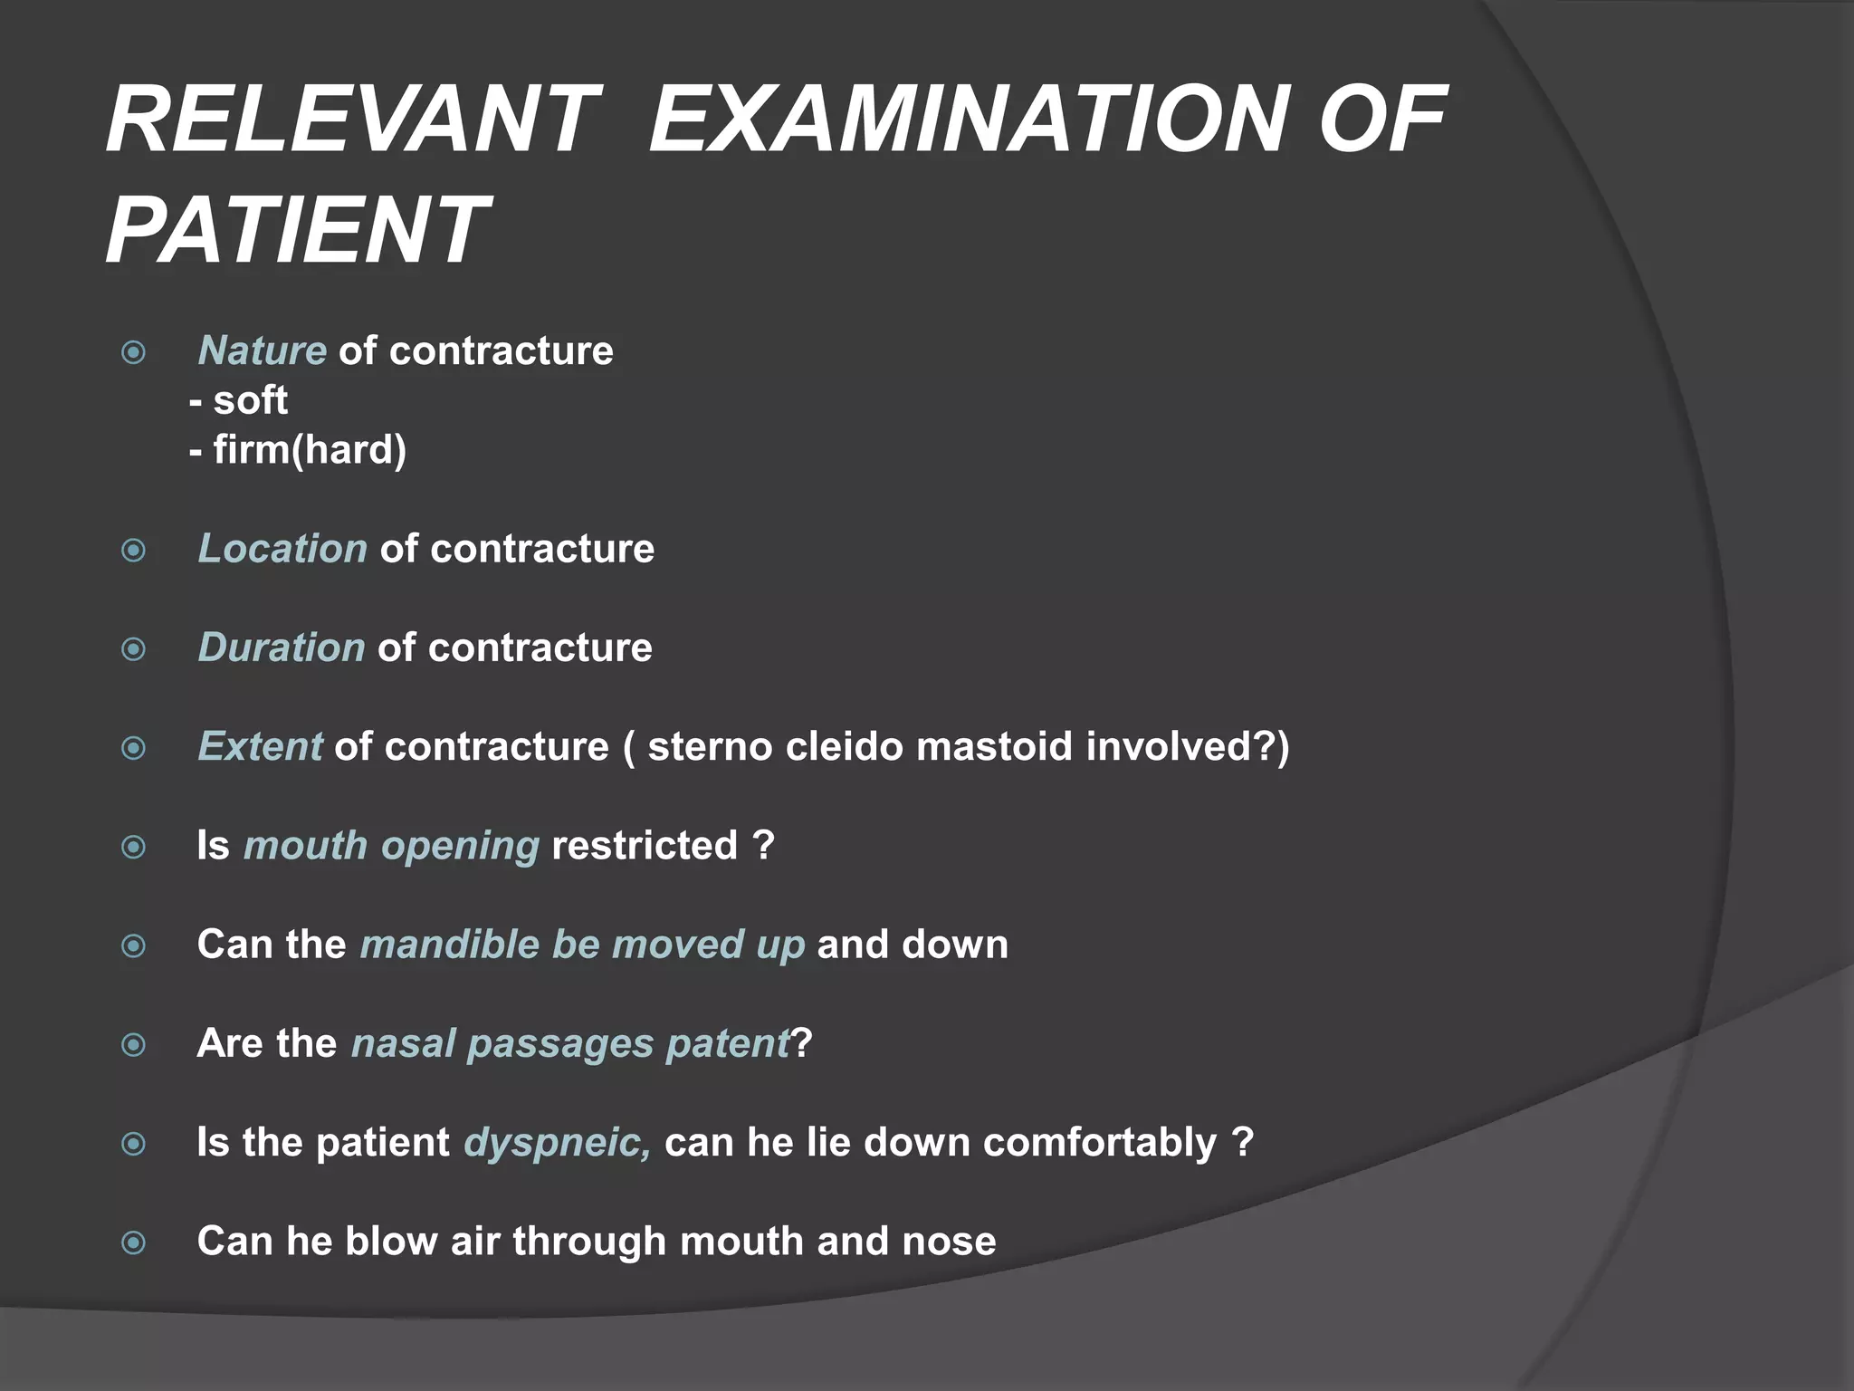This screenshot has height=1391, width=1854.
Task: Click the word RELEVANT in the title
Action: (x=353, y=120)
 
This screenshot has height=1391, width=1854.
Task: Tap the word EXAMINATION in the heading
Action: (x=967, y=120)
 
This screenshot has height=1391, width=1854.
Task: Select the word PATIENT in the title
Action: (x=297, y=230)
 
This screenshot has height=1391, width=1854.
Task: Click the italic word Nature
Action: (x=263, y=351)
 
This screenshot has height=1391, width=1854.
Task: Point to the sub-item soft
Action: (x=250, y=400)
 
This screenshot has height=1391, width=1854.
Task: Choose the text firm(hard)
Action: (x=310, y=450)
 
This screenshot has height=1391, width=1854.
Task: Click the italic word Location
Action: (x=282, y=549)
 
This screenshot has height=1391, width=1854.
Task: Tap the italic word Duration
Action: (x=282, y=648)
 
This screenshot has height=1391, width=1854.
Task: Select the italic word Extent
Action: (x=260, y=747)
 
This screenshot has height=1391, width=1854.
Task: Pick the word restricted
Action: (x=645, y=846)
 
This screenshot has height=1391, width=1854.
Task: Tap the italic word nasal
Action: (x=403, y=1043)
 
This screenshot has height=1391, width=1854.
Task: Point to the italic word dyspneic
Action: (x=557, y=1143)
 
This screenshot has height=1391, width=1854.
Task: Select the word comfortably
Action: (x=1100, y=1143)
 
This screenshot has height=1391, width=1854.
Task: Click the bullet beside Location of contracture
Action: (x=134, y=551)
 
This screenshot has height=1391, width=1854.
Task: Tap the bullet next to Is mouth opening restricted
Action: (x=134, y=848)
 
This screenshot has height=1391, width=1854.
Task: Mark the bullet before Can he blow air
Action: (x=134, y=1242)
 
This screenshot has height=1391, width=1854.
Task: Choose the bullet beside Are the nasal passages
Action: (x=134, y=1045)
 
